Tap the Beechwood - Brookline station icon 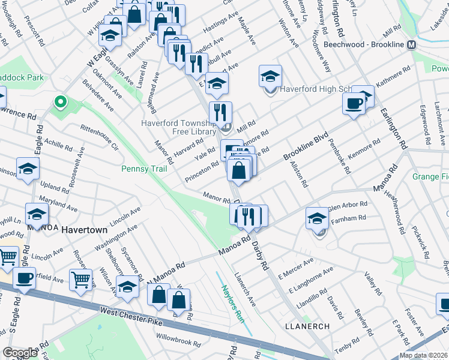click(x=412, y=45)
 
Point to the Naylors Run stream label click(x=230, y=295)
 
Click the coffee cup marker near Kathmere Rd click(x=354, y=103)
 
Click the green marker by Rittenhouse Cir click(x=60, y=103)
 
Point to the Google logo click(x=20, y=353)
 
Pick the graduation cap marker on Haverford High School click(x=271, y=76)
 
